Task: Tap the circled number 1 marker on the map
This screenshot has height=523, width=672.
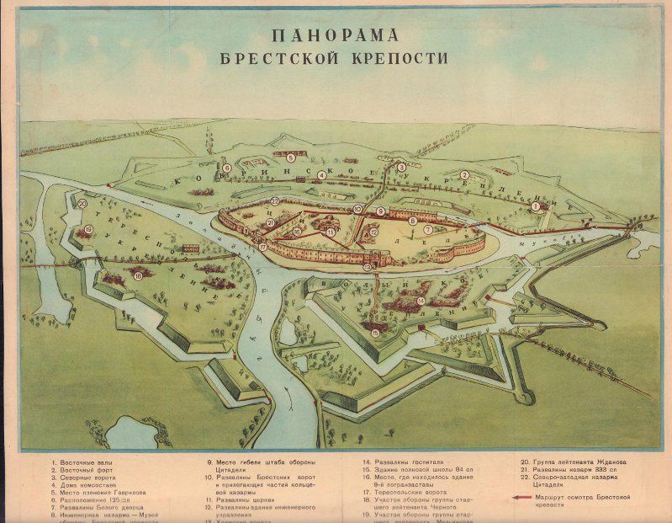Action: pos(535,205)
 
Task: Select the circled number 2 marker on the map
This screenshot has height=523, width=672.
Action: pos(463,175)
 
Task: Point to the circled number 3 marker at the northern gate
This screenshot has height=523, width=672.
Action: pos(401,168)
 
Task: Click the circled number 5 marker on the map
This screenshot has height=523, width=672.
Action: pos(290,157)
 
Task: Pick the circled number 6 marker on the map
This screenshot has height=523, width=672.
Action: pos(227,168)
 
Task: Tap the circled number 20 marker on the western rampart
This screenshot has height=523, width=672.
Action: pos(82,204)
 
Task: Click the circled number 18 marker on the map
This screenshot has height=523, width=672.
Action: pos(138,275)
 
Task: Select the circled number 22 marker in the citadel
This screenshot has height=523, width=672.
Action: pos(275,202)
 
